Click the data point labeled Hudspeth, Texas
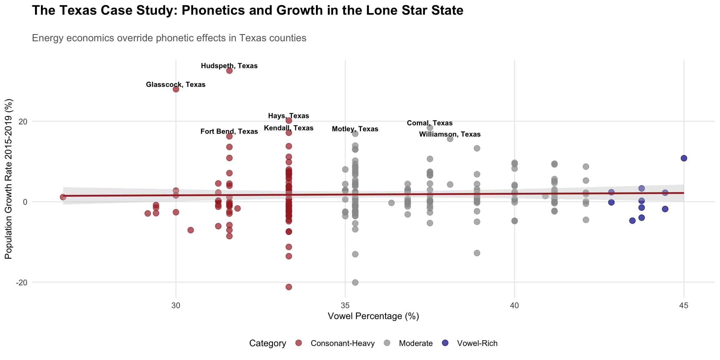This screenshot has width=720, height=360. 229,71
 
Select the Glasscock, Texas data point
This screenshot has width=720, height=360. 176,89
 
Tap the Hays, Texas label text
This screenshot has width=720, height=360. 288,116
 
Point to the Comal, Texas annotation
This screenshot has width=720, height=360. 430,123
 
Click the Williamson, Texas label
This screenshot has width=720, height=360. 450,134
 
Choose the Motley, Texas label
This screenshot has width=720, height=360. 355,129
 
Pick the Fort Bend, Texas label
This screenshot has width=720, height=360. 229,132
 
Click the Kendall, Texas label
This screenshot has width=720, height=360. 288,128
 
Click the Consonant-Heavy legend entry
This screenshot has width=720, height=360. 342,343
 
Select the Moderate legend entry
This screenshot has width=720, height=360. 416,343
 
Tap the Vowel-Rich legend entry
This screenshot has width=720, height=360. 477,343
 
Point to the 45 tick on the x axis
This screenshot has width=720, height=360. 684,305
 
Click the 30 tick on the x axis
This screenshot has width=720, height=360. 176,305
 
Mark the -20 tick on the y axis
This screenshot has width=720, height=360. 21,282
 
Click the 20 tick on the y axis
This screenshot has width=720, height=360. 23,122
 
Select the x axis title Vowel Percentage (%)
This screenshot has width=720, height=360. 373,316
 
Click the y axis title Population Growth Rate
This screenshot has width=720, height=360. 8,179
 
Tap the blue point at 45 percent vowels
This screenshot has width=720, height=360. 684,158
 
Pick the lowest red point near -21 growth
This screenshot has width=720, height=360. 289,287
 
